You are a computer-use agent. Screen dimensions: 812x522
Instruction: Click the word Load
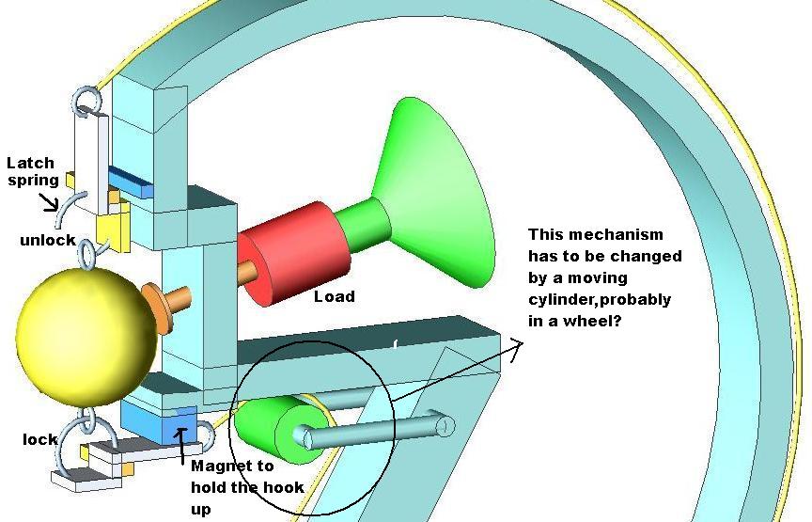coord(335,296)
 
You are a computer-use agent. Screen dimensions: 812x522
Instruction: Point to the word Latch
coord(30,163)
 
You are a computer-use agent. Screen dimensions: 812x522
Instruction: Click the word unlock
coord(48,240)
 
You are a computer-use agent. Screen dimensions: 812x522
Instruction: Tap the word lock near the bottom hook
coord(39,439)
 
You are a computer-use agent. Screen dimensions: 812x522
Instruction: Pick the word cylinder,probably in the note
coord(600,300)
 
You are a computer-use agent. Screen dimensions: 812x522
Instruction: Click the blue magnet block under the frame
coord(159,423)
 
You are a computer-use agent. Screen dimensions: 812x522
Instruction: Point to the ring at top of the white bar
coord(86,100)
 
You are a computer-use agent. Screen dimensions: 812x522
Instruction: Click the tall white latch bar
coord(92,162)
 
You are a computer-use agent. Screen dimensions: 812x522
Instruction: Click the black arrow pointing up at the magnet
coord(180,446)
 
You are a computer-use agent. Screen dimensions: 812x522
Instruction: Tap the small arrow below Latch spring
coord(50,201)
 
